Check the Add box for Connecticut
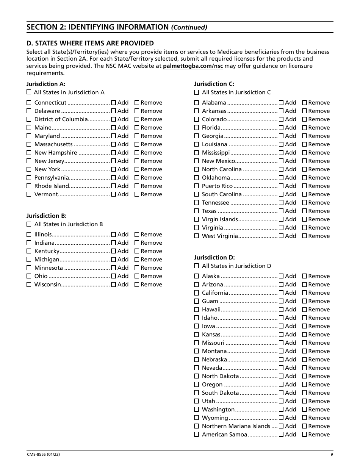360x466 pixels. tap(113, 103)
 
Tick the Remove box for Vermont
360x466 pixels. tap(137, 194)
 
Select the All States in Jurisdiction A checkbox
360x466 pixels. tap(29, 92)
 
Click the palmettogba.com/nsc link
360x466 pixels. tap(193, 66)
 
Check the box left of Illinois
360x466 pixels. tap(29, 235)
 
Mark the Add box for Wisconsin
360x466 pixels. tap(113, 285)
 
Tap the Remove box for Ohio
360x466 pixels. tap(137, 276)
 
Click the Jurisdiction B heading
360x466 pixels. tap(46, 216)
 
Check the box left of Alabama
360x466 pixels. tap(196, 103)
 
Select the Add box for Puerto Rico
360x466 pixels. tap(281, 186)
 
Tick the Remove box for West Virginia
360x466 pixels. tap(304, 236)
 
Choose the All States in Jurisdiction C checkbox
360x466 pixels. tap(196, 92)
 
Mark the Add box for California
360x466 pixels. tap(281, 293)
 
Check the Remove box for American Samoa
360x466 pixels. tap(304, 435)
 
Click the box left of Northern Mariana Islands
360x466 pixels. tap(196, 426)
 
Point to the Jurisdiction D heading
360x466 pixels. tap(214, 258)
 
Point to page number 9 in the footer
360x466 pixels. tap(331, 455)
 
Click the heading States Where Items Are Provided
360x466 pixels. tap(90, 43)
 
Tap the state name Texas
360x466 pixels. tap(209, 211)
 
